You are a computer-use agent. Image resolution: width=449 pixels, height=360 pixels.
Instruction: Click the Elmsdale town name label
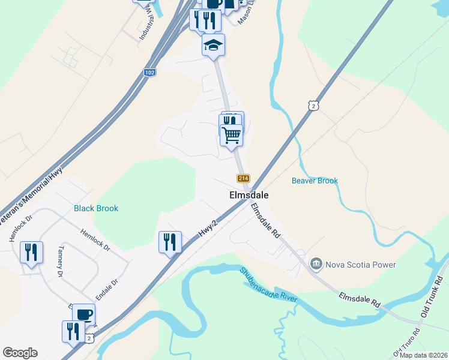(249, 195)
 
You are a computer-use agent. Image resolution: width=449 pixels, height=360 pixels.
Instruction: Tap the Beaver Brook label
(315, 181)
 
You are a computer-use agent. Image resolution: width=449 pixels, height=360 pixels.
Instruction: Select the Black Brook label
(96, 208)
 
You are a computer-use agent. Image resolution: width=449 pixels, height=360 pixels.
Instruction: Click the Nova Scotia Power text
(360, 264)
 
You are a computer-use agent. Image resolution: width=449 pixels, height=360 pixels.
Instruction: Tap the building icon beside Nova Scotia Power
(316, 264)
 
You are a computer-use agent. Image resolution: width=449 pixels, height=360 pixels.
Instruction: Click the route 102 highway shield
(150, 72)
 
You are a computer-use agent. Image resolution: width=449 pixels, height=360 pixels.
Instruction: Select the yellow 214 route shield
(243, 178)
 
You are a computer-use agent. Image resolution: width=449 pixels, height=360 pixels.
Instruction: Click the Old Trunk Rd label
(431, 302)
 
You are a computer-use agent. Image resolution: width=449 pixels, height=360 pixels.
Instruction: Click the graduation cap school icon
(213, 45)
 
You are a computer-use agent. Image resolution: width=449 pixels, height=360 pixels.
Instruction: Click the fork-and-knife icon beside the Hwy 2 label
(170, 241)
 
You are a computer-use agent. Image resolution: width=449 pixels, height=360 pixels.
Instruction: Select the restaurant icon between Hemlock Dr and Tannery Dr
(31, 251)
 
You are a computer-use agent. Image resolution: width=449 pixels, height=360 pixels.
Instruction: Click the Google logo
(20, 353)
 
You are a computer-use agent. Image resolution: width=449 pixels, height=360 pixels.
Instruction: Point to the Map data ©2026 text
(423, 355)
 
